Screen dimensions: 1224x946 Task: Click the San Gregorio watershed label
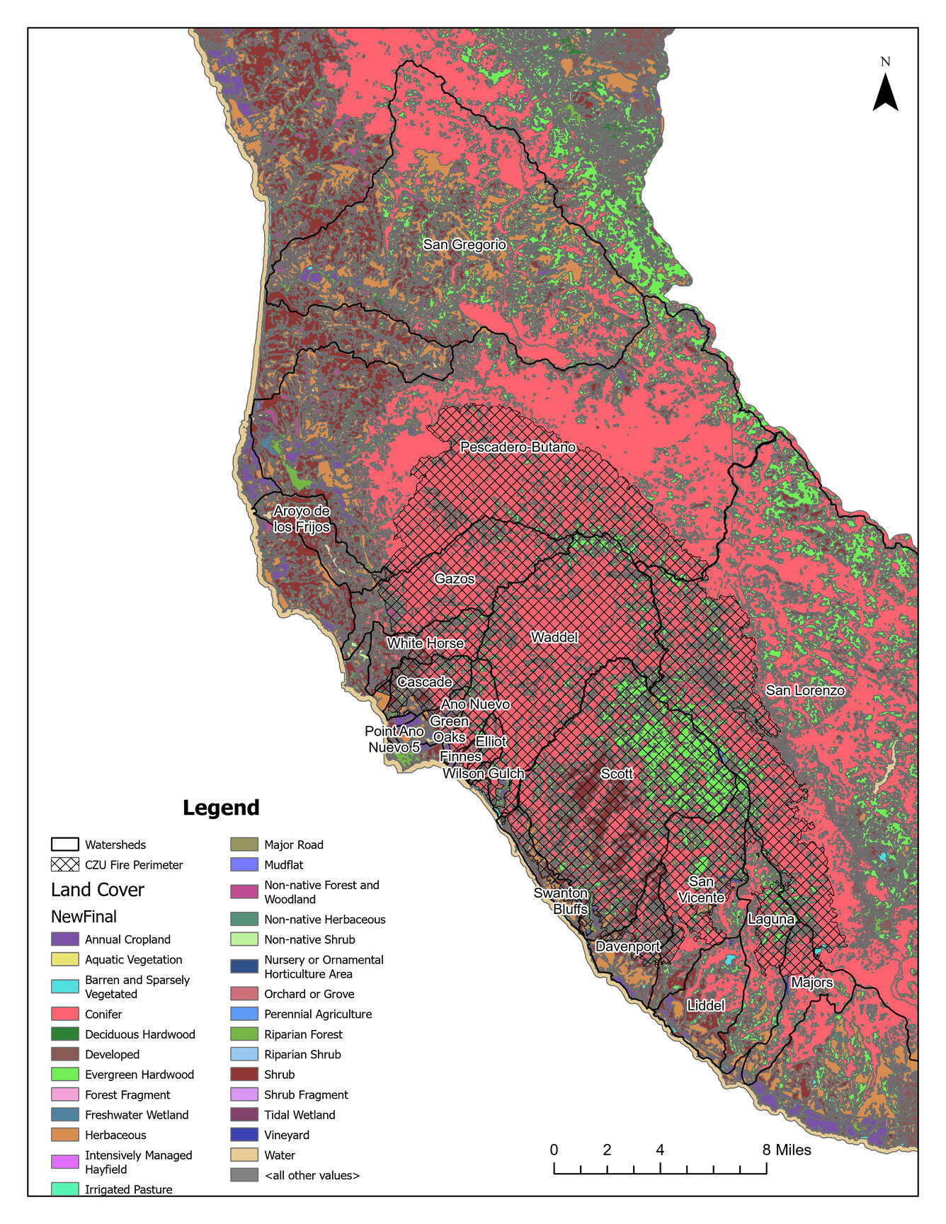point(465,245)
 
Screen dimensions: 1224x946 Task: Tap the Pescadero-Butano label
point(518,447)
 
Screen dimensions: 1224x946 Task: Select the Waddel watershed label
point(554,637)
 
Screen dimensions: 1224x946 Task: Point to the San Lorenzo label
point(805,690)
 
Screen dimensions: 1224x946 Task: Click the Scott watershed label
point(617,774)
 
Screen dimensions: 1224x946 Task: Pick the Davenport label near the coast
point(627,946)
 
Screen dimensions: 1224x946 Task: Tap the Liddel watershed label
point(706,1005)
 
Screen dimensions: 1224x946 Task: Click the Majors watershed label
point(812,983)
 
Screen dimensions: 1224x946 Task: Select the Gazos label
point(455,578)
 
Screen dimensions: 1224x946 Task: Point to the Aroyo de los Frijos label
point(302,519)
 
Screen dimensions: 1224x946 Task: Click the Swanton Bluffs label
point(562,900)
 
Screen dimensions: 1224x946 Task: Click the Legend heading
point(221,808)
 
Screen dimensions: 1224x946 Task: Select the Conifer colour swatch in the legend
point(64,1014)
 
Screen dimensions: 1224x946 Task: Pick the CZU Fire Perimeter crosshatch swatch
point(64,864)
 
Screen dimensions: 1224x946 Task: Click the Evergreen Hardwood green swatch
point(64,1074)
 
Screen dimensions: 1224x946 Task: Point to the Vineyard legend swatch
point(244,1135)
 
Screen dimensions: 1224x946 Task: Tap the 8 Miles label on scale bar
point(787,1150)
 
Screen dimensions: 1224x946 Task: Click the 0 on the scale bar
point(554,1150)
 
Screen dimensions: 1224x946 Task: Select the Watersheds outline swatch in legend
point(64,845)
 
